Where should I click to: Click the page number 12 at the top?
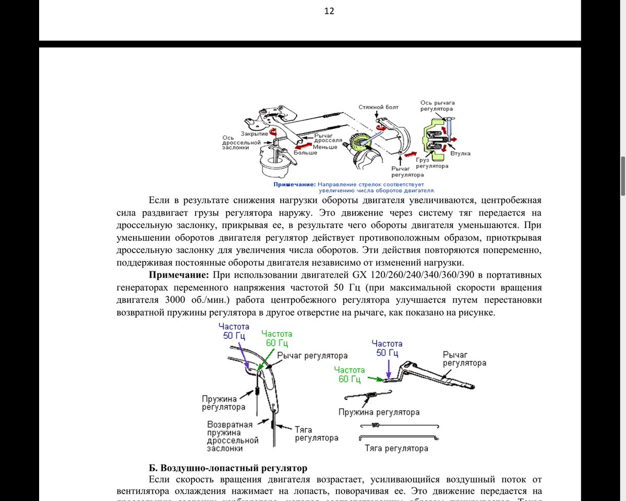329,11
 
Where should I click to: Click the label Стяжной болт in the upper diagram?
379,107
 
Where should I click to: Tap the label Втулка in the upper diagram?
460,153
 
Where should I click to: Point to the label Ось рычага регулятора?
437,106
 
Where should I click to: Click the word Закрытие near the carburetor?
255,134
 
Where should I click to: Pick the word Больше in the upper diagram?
306,153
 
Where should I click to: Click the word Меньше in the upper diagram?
325,147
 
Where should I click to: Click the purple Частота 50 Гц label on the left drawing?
236,331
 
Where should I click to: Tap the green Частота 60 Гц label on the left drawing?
276,338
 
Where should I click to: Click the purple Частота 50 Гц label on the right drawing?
387,348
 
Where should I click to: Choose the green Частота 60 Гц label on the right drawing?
350,374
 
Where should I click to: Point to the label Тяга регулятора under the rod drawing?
396,448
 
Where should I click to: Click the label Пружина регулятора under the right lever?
379,412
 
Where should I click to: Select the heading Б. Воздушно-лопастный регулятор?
228,468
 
